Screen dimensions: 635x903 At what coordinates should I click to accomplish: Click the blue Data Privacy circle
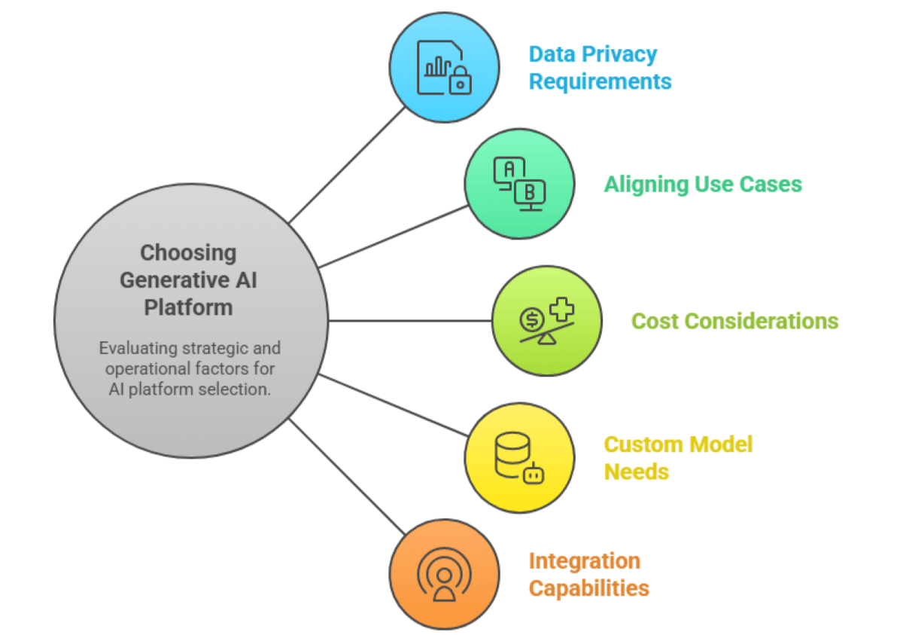(x=444, y=66)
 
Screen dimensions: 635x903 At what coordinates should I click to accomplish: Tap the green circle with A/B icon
(x=519, y=184)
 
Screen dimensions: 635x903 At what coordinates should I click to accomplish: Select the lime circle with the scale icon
(x=547, y=321)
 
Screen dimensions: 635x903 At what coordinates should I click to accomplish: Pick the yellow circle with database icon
(x=519, y=457)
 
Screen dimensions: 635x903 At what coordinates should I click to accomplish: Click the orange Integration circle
(x=444, y=575)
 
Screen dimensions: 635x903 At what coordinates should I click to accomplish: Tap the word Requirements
(x=600, y=81)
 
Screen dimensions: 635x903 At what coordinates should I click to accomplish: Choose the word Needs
(x=637, y=472)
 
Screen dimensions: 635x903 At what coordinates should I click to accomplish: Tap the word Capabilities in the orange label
(x=588, y=588)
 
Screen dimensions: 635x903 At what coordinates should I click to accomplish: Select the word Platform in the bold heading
(x=188, y=307)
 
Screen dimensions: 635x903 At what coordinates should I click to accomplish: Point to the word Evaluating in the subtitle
(x=137, y=349)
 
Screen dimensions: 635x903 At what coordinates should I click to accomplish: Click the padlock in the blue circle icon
(x=460, y=82)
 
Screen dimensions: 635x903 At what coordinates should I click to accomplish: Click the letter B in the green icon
(x=530, y=192)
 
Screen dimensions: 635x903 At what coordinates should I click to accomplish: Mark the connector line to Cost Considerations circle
(x=410, y=321)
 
